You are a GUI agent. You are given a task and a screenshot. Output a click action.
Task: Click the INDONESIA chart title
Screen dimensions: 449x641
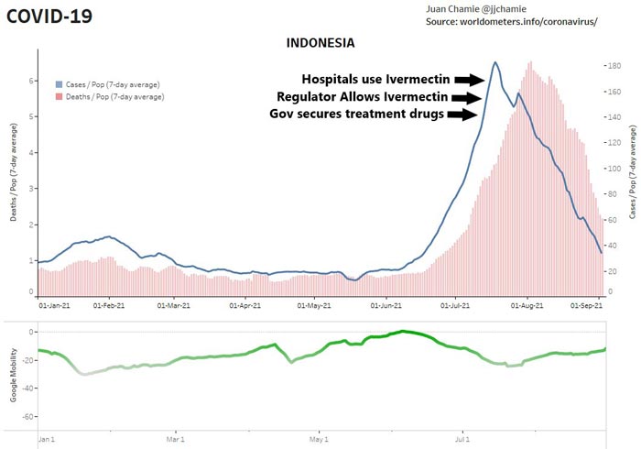(x=320, y=43)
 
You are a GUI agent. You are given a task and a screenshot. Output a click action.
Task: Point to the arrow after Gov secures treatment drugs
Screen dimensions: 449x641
(x=465, y=115)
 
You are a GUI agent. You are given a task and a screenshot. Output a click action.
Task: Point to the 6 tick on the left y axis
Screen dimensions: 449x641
(x=33, y=81)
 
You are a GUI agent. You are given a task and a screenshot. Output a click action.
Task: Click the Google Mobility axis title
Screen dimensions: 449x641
(x=14, y=377)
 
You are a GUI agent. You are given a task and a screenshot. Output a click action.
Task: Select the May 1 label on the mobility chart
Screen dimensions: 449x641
(x=320, y=440)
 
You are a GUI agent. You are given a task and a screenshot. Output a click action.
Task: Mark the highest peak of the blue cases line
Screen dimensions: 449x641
(x=495, y=62)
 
